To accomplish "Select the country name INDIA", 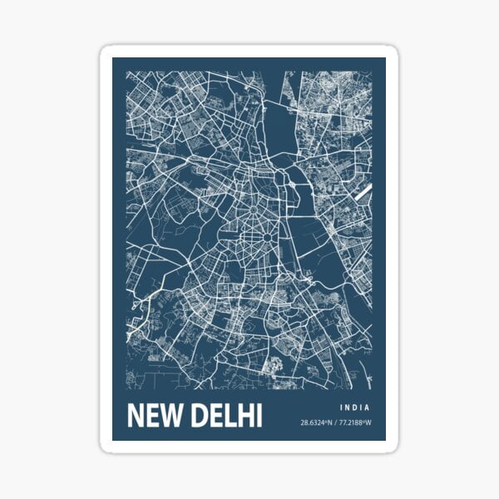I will point(354,408).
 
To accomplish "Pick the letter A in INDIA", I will point(368,408).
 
